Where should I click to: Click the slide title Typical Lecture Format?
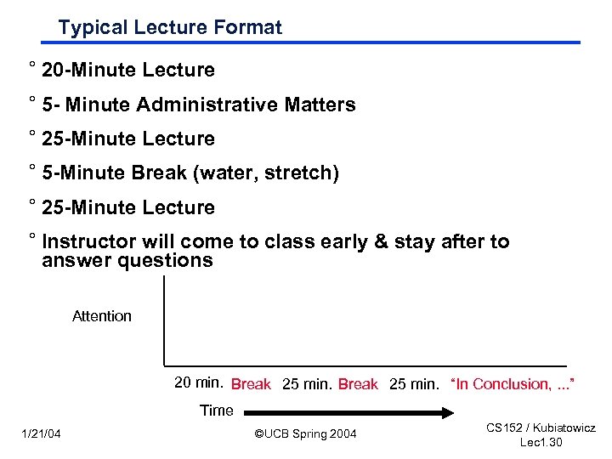pyautogui.click(x=170, y=27)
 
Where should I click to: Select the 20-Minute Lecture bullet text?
pyautogui.click(x=127, y=71)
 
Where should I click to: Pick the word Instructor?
pyautogui.click(x=90, y=242)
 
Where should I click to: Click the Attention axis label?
pyautogui.click(x=102, y=316)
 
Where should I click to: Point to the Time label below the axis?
pyautogui.click(x=216, y=411)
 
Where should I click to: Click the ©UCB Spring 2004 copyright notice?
pyautogui.click(x=306, y=435)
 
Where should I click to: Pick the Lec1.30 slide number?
pyautogui.click(x=541, y=443)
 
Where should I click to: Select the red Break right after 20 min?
pyautogui.click(x=251, y=384)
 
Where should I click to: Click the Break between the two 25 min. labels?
pyautogui.click(x=358, y=384)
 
